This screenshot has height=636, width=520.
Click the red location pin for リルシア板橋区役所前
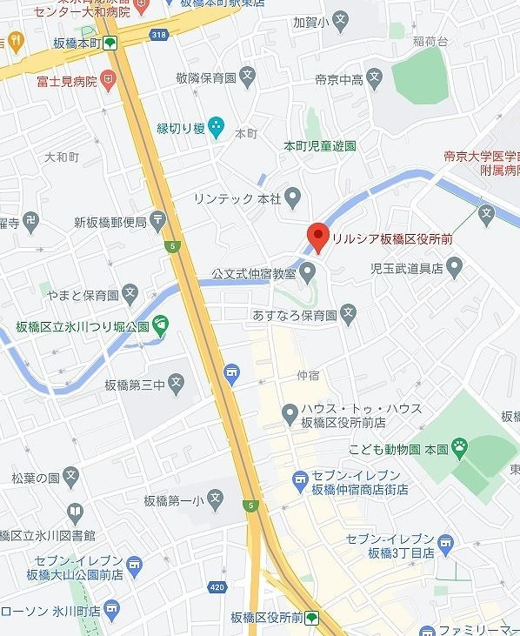click(x=317, y=236)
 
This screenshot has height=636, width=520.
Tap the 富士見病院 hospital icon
click(x=107, y=81)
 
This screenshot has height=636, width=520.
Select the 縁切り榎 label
click(x=181, y=129)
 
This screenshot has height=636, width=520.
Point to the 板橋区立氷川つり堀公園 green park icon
click(x=161, y=325)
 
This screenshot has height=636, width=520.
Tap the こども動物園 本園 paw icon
click(x=460, y=449)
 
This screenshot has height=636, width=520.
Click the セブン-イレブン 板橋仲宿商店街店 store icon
click(x=300, y=478)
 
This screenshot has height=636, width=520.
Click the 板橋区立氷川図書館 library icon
click(x=75, y=512)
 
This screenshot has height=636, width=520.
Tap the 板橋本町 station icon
click(x=111, y=43)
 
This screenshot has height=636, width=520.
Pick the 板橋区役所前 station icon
click(x=311, y=617)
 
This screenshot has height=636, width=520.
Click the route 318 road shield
click(x=157, y=33)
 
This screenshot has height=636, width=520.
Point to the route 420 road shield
click(x=217, y=586)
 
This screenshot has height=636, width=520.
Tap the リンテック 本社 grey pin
click(x=293, y=197)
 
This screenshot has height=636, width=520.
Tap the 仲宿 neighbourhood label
click(x=308, y=376)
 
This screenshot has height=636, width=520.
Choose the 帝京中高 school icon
click(x=375, y=79)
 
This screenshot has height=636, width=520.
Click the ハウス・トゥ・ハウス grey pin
click(x=290, y=412)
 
